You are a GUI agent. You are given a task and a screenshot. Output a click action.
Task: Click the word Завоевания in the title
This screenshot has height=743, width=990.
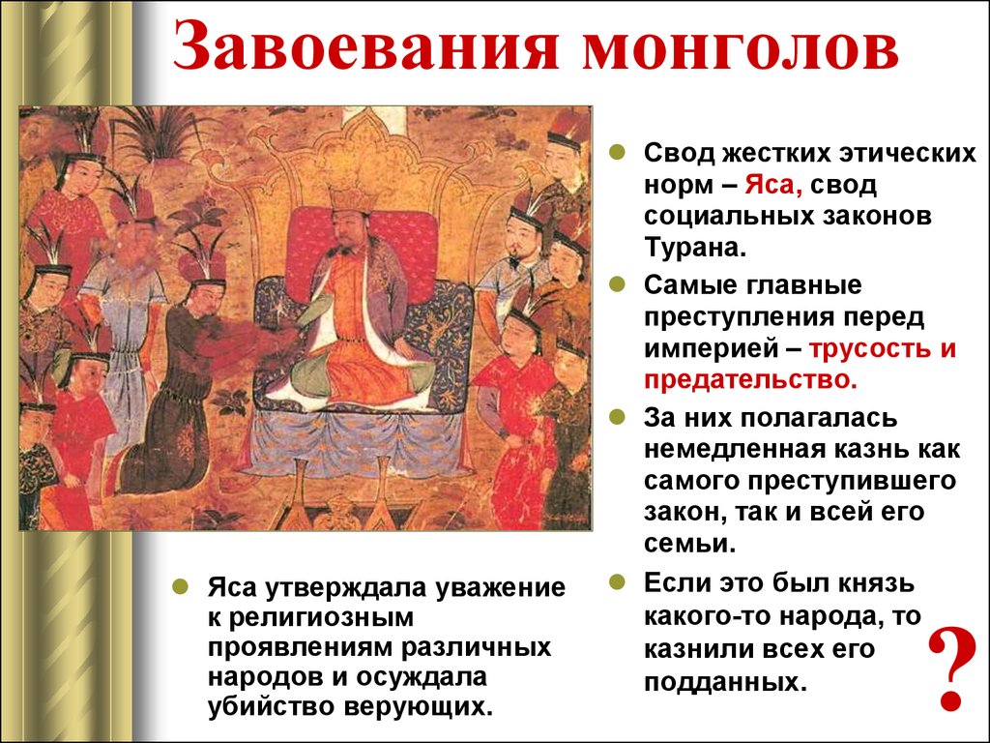click(x=365, y=46)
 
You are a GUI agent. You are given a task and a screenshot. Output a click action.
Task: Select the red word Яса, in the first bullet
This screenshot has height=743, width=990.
click(x=773, y=185)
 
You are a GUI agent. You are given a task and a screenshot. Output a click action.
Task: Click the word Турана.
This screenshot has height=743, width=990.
click(x=694, y=247)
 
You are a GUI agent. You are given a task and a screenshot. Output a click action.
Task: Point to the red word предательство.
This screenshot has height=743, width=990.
click(x=750, y=380)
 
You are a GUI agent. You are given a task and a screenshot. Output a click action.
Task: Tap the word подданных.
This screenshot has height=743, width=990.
click(x=725, y=682)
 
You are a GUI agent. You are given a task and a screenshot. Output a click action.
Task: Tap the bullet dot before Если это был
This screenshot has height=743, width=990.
click(x=617, y=581)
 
